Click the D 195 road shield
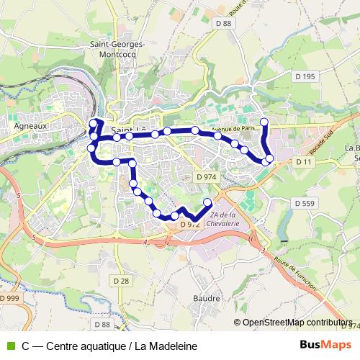pos(305,77)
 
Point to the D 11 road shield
pos(303,163)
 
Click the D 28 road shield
pos(120,279)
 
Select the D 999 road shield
pos(10,298)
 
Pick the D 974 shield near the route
pos(206,176)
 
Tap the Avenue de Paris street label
pos(234,130)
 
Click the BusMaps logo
pos(330,345)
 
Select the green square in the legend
pos(10,346)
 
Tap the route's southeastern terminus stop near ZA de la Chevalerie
pos(208,202)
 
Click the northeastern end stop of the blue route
pos(264,122)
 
